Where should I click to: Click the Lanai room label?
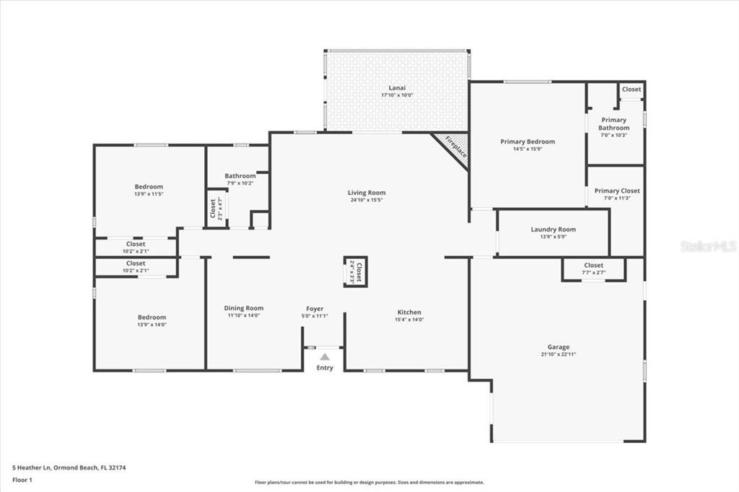click(396, 88)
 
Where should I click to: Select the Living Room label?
click(367, 193)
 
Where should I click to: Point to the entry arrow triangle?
click(325, 356)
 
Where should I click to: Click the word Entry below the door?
click(325, 368)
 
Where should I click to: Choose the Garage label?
click(558, 347)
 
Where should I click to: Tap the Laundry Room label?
click(554, 229)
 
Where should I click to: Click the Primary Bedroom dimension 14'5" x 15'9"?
click(528, 149)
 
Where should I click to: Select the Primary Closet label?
click(617, 191)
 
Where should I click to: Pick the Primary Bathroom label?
click(613, 124)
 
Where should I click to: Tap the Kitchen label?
click(409, 312)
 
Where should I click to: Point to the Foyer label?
click(315, 309)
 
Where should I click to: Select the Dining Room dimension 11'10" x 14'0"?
click(243, 315)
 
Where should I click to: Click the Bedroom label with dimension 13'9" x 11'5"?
click(149, 187)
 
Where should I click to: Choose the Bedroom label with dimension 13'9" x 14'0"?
click(152, 317)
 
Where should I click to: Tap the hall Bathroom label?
click(240, 176)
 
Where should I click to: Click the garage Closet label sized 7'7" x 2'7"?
click(593, 265)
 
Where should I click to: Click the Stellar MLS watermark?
click(708, 246)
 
